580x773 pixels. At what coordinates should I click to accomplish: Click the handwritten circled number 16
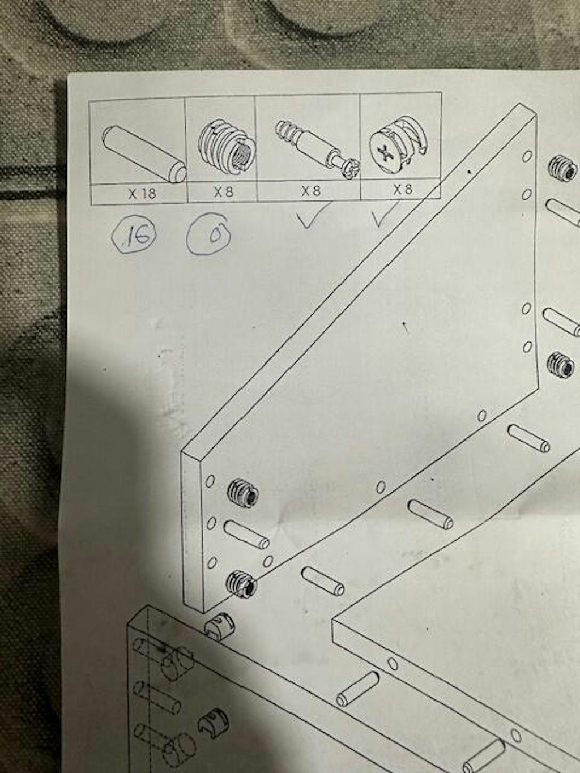pos(134,237)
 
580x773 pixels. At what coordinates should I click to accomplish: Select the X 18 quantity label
pos(142,194)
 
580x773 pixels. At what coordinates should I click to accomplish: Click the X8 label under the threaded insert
pos(223,193)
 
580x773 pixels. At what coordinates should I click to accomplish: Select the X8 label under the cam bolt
pos(312,191)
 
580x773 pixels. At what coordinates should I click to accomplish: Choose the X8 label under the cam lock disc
pos(402,190)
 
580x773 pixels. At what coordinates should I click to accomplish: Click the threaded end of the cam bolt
pos(287,130)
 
